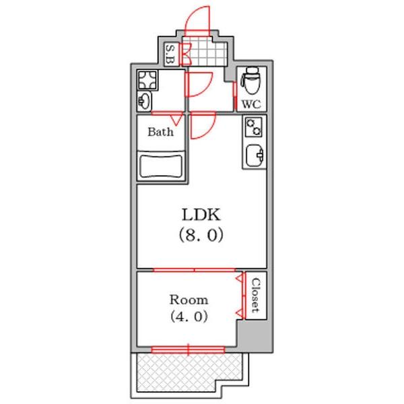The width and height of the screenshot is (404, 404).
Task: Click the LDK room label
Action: [x=201, y=215]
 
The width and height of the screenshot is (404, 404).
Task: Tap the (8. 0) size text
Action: [x=201, y=235]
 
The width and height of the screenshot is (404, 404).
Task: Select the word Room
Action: [x=189, y=300]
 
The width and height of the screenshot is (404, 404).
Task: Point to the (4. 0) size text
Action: [x=189, y=316]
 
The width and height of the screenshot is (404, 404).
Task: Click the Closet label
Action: [x=255, y=296]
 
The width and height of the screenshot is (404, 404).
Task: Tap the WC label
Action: [x=251, y=104]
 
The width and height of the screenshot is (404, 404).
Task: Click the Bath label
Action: [x=160, y=132]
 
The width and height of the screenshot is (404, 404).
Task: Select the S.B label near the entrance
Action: [x=170, y=54]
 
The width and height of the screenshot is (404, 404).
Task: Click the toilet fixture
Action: [x=250, y=80]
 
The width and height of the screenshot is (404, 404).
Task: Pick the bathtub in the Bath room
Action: [x=161, y=166]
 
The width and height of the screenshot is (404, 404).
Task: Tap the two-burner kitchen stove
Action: [x=254, y=127]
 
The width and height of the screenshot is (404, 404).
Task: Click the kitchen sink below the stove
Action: [x=255, y=156]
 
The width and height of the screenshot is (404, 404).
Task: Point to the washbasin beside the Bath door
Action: [x=144, y=101]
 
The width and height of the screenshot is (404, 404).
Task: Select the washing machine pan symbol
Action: [x=147, y=80]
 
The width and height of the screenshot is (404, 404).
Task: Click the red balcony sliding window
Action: [x=188, y=349]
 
